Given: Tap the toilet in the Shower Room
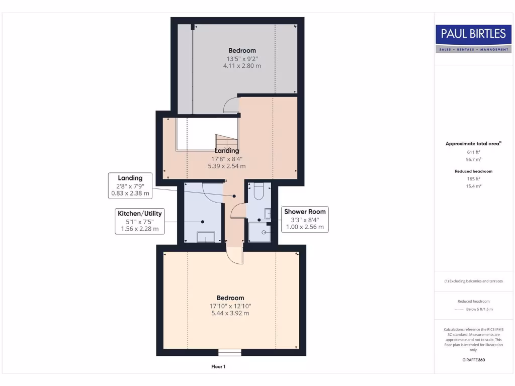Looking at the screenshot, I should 260,191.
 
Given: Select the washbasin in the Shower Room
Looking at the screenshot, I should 268,213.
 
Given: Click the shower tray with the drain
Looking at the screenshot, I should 260,232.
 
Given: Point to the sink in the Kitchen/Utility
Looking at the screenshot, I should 205,236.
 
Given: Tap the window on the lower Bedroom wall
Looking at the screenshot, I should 230,352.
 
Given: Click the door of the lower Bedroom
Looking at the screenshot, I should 235,256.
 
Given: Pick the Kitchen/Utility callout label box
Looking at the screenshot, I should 139,221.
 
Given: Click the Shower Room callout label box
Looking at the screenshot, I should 304,219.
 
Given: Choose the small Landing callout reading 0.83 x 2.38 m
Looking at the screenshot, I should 130,185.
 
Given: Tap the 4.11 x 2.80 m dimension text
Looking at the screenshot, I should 242,66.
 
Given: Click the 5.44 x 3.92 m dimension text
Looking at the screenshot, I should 230,313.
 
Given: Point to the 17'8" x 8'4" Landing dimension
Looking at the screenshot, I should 227,158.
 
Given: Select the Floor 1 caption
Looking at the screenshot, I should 218,367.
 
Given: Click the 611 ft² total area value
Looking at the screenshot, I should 473,152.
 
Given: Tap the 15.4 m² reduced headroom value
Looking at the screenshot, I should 473,186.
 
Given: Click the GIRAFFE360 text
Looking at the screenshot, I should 473,360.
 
